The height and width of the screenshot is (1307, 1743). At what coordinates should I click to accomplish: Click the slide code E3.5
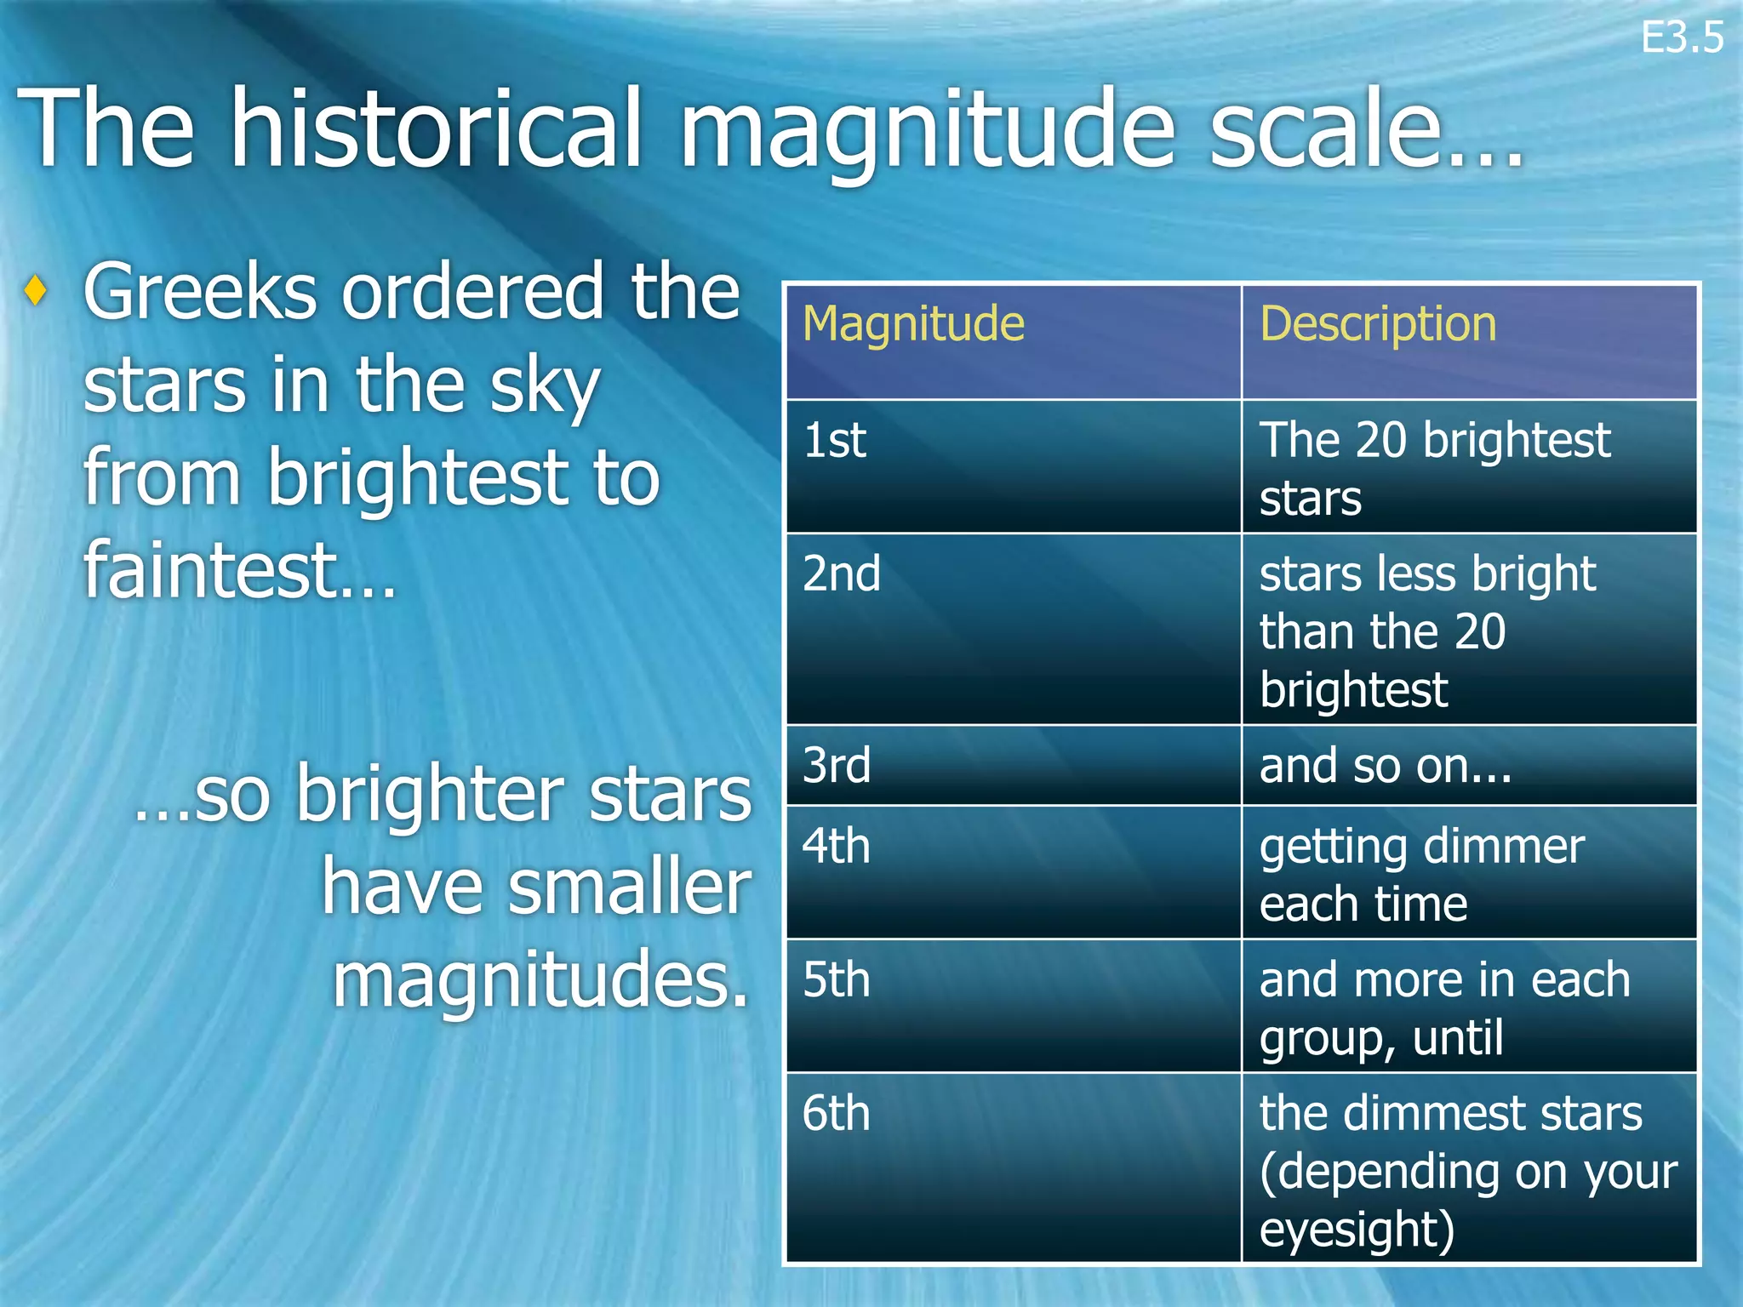[x=1682, y=39]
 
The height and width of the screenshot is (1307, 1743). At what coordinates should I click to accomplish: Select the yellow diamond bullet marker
[x=36, y=291]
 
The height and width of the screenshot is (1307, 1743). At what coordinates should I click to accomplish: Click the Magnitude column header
[x=913, y=324]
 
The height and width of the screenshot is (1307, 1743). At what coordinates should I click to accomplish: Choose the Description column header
[x=1378, y=324]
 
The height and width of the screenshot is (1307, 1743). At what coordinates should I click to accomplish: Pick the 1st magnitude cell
[x=834, y=441]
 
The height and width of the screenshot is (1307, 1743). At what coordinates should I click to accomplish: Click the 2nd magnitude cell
[x=841, y=574]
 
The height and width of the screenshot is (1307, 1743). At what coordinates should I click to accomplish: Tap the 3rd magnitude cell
[x=837, y=766]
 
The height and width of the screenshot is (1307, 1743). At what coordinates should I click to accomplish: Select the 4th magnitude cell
[x=836, y=847]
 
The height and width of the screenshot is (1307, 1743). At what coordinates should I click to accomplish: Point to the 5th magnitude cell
[x=836, y=980]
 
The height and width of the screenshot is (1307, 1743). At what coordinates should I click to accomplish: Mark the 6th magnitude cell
[x=836, y=1114]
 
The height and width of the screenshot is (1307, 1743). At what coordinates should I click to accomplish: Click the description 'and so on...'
[x=1386, y=766]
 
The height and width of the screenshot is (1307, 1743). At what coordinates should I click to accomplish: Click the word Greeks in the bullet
[x=200, y=293]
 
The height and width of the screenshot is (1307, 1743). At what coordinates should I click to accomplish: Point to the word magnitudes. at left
[x=540, y=980]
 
